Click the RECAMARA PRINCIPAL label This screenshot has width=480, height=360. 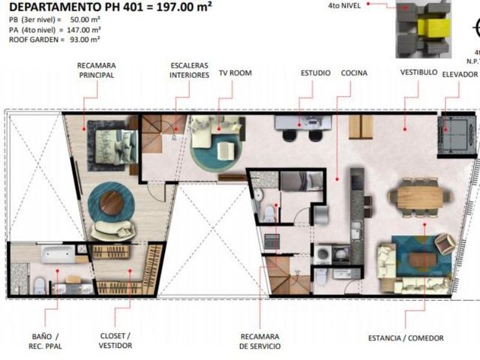[x=97, y=70]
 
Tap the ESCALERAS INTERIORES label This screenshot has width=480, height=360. [x=190, y=70]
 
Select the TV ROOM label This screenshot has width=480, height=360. [x=235, y=73]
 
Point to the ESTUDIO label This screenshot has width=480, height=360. [x=316, y=73]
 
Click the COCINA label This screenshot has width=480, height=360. [x=354, y=73]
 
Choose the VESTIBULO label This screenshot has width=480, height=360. [x=418, y=73]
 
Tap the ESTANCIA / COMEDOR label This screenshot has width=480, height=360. [x=406, y=338]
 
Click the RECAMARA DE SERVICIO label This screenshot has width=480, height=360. [x=260, y=341]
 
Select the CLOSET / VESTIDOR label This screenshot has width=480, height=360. [x=115, y=340]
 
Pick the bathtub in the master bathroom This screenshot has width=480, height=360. [x=58, y=254]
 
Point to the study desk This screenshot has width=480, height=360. [x=303, y=123]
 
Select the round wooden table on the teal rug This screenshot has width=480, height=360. [x=112, y=203]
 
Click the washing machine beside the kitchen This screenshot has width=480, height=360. [x=322, y=254]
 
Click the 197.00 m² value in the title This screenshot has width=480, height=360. [x=184, y=7]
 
